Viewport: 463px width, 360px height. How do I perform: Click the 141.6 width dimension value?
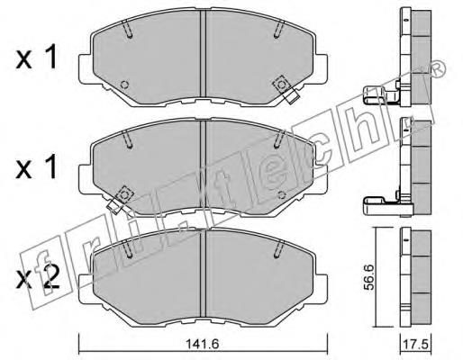(203, 344)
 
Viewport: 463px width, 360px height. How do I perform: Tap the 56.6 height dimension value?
(369, 277)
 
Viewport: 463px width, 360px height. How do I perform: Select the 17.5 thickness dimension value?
(416, 344)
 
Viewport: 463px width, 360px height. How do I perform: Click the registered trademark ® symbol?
(438, 68)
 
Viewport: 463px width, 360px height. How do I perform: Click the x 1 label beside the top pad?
(36, 57)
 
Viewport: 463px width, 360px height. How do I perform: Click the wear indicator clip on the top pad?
(286, 89)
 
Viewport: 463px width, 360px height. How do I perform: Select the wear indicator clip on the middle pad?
(121, 200)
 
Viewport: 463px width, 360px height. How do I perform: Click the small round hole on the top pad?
(124, 85)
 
